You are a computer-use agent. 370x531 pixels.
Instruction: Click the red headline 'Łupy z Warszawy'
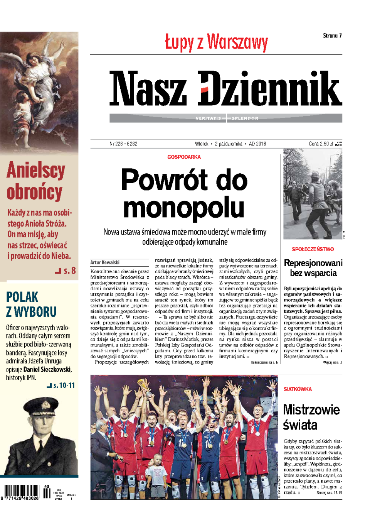click(x=216, y=42)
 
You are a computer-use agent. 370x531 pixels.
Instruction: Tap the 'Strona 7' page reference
click(x=332, y=36)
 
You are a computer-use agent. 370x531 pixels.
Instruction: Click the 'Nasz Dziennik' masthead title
click(x=225, y=88)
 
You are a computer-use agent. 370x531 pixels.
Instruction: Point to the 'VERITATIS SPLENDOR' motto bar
click(x=226, y=118)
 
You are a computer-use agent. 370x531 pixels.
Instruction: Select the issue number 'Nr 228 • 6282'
click(x=123, y=144)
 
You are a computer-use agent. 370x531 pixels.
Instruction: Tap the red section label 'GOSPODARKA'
click(x=184, y=157)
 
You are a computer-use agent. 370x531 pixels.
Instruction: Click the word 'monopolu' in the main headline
click(x=184, y=207)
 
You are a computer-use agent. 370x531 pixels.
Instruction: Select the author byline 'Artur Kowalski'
click(x=105, y=262)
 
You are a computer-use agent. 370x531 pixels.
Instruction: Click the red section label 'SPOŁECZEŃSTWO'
click(x=313, y=249)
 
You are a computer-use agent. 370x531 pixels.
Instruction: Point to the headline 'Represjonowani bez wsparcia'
click(x=313, y=268)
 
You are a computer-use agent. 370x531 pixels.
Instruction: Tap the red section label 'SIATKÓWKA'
click(x=298, y=389)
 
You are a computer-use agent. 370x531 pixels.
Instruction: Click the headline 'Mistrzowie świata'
click(x=311, y=417)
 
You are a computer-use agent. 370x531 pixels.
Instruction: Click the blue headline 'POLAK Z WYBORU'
click(x=31, y=304)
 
